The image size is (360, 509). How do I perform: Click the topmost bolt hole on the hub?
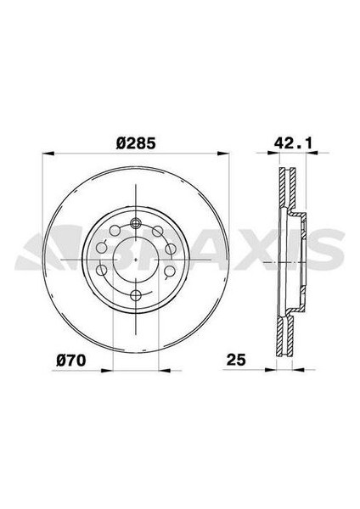tap(136, 223)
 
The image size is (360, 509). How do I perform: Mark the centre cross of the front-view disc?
tap(136, 260)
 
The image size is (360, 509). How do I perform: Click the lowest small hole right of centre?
tap(170, 271)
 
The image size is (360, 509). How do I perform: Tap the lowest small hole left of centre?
tap(102, 271)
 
